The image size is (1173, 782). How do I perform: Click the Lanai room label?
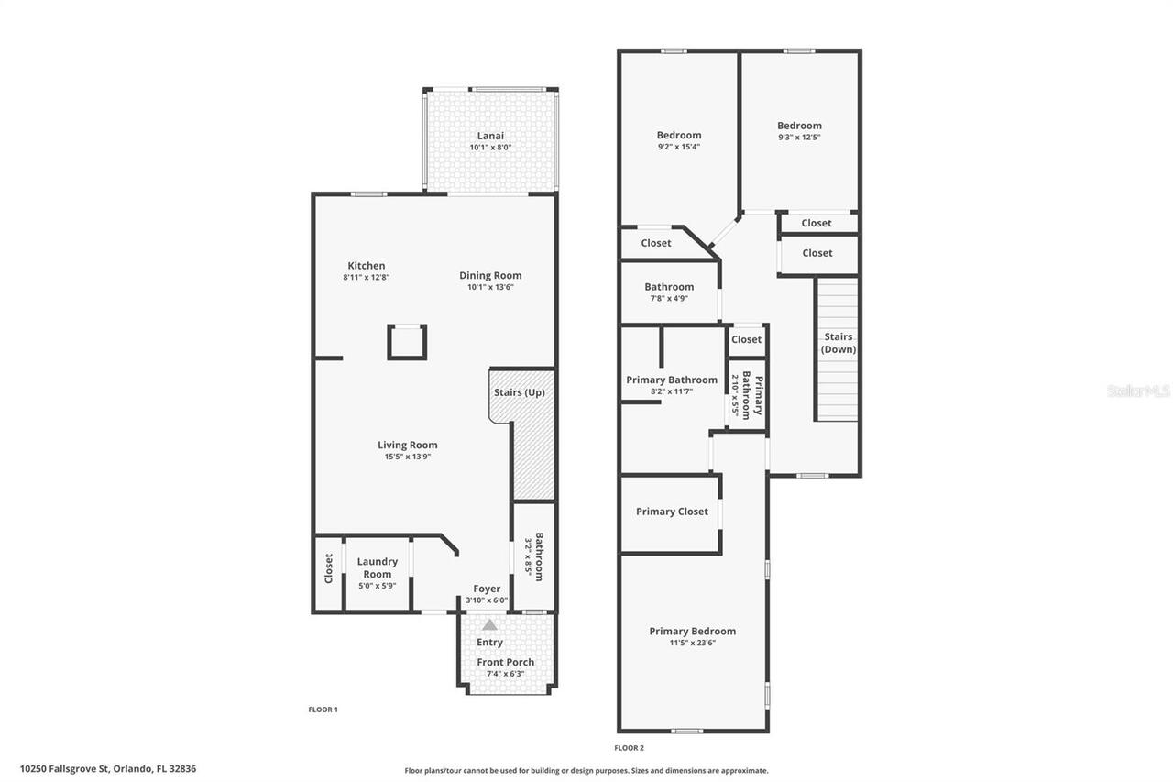490,136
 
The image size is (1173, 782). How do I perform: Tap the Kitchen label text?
366,266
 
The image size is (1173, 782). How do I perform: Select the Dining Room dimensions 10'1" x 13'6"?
490,287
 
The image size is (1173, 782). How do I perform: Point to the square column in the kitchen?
407,342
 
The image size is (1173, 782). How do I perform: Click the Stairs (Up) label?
520,392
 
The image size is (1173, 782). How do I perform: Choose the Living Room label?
408,446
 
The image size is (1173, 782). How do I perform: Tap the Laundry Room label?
377,567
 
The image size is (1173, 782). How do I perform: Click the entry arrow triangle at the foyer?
490,625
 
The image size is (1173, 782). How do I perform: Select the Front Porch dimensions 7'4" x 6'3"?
505,674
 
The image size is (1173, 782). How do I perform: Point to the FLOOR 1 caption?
323,710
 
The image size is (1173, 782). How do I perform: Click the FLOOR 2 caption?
630,748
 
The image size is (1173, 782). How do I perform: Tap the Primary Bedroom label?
692,631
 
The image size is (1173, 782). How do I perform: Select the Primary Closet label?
672,512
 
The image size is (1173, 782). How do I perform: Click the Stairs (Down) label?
838,343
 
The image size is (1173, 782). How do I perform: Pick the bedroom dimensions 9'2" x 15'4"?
679,147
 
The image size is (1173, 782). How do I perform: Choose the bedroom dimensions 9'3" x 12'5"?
799,137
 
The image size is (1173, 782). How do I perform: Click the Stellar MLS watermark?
1138,391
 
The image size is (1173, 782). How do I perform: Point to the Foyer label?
487,589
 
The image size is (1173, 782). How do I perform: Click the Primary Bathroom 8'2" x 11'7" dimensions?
671,391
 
